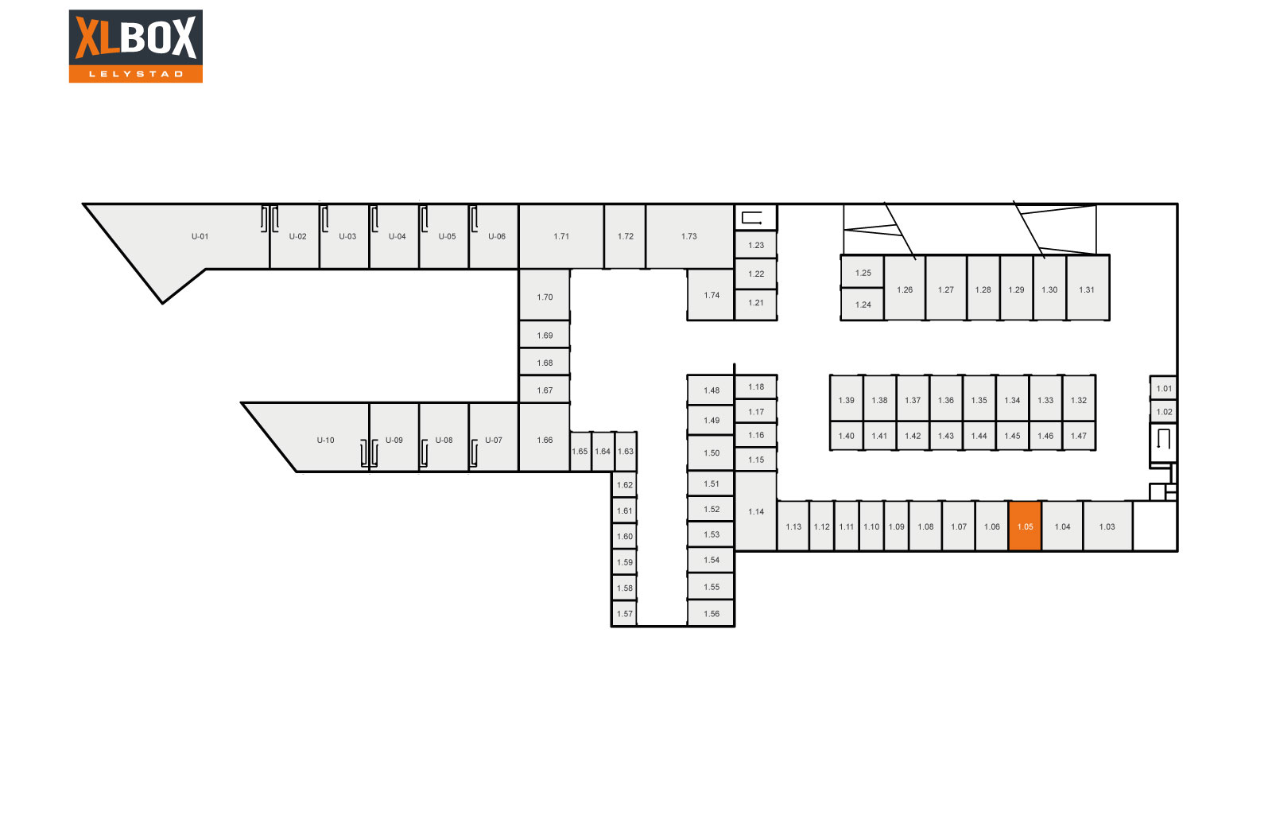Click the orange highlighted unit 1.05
tap(1025, 526)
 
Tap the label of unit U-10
tap(325, 441)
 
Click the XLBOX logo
tap(136, 46)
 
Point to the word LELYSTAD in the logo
tap(136, 74)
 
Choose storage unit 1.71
tap(561, 236)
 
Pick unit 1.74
tap(711, 295)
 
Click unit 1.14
tap(756, 511)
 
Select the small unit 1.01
tap(1164, 389)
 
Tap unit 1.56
tap(711, 613)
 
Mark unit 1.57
tap(624, 613)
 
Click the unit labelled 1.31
tap(1088, 289)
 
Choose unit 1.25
tap(863, 273)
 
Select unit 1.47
tap(1078, 436)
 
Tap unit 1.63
tap(625, 452)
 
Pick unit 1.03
tap(1107, 526)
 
